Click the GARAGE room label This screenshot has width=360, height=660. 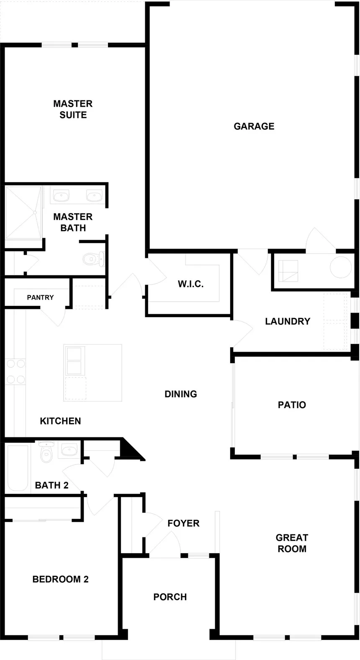click(x=254, y=126)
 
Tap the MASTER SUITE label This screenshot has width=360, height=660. click(x=73, y=109)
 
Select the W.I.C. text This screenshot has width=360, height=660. click(x=190, y=284)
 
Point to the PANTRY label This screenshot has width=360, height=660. click(x=40, y=298)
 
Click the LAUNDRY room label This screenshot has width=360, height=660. click(x=288, y=321)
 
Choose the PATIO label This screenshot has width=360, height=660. click(x=292, y=405)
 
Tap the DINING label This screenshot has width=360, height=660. click(x=180, y=394)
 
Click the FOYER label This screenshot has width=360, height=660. click(x=183, y=523)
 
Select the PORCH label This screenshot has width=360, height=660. click(x=170, y=597)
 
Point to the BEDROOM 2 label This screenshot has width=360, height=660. click(x=60, y=579)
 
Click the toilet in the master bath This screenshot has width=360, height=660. click(x=94, y=259)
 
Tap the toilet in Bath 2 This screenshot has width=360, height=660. click(x=46, y=452)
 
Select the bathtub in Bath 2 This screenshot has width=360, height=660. click(x=18, y=468)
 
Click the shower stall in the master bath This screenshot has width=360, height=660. click(x=23, y=213)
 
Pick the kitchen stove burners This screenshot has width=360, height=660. click(x=16, y=372)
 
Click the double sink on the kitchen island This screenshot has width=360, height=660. click(x=74, y=361)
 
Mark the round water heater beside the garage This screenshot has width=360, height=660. click(x=341, y=267)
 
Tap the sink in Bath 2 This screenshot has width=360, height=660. click(x=69, y=450)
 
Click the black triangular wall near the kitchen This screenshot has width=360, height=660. click(x=130, y=449)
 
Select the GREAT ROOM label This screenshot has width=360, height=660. click(x=292, y=543)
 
